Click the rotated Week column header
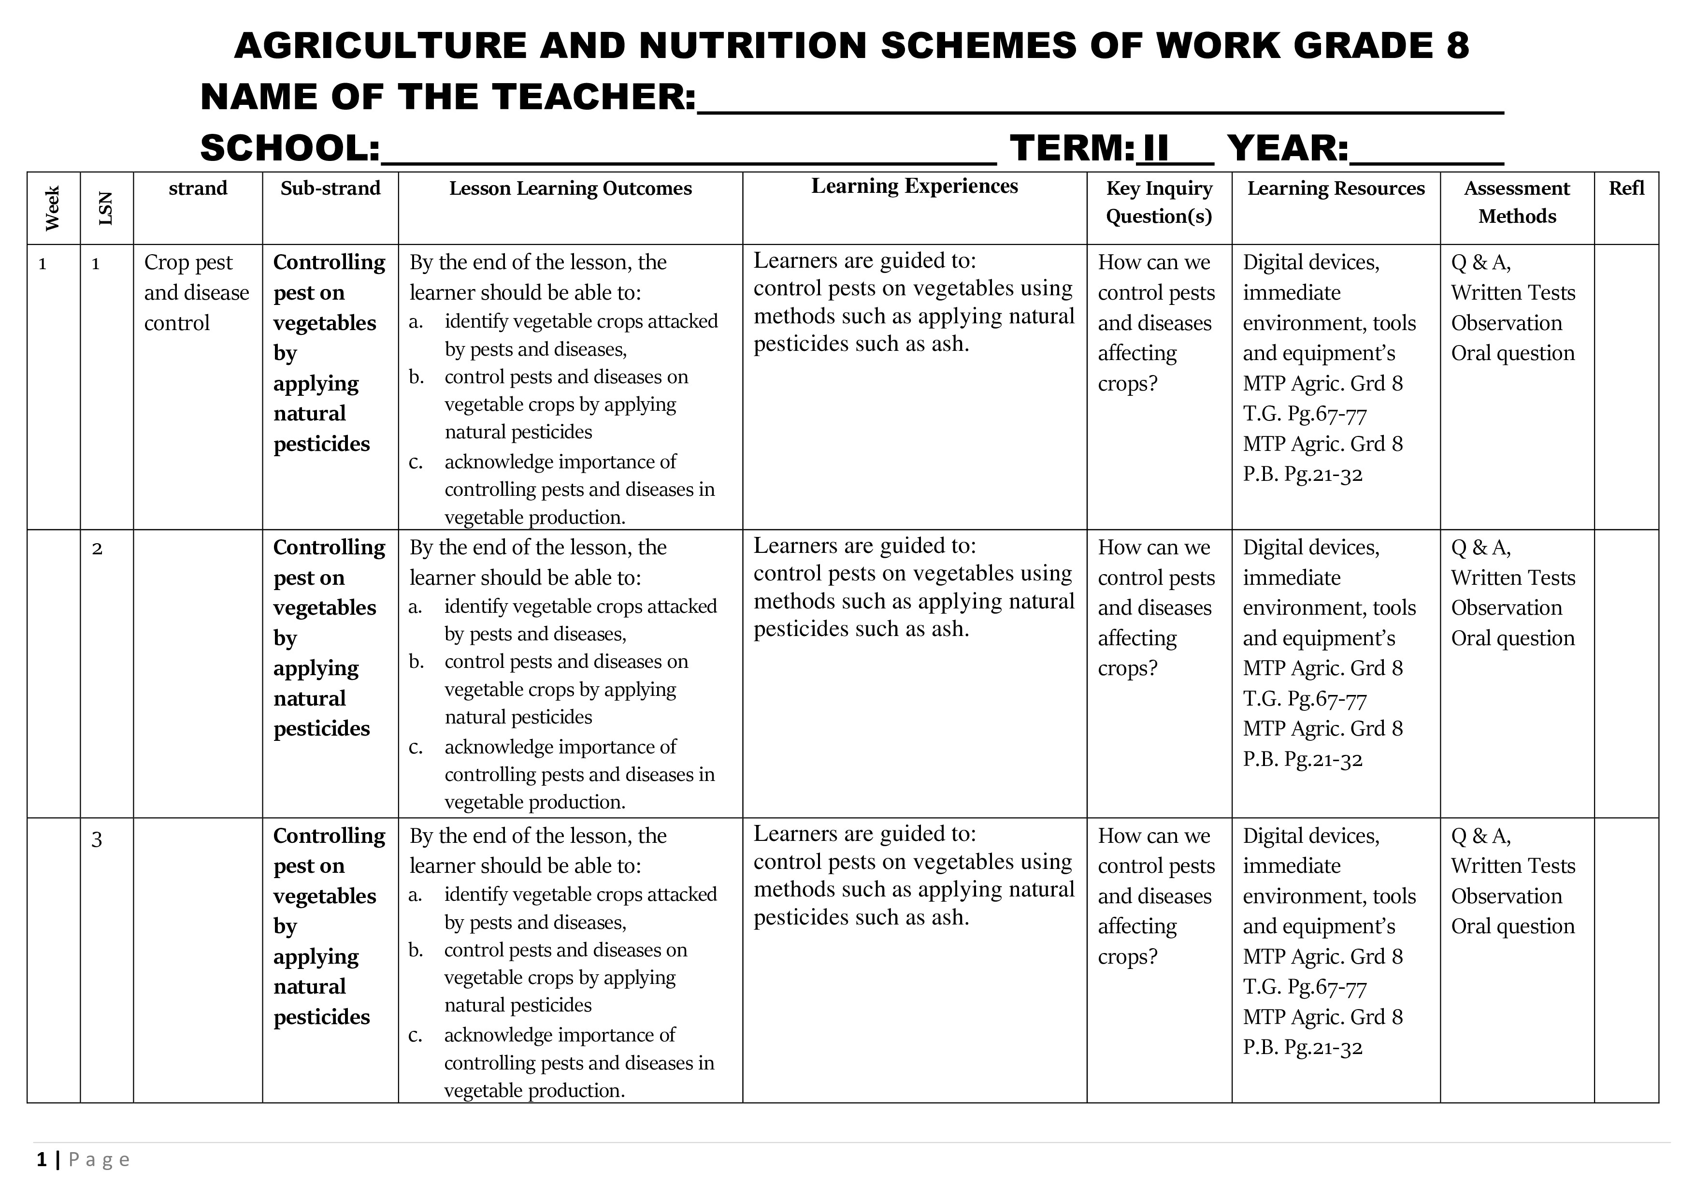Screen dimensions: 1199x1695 (52, 208)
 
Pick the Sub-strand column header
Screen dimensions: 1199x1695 (330, 188)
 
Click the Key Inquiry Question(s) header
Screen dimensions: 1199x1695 (1159, 202)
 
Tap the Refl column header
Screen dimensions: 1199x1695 (1626, 188)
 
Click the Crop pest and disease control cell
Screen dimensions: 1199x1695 (196, 292)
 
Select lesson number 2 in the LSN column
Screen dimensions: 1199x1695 (97, 549)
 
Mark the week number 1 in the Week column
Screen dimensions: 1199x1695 (43, 263)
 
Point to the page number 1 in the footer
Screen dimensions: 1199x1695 (42, 1160)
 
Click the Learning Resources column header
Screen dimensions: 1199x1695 (1336, 188)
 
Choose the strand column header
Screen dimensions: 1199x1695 (198, 188)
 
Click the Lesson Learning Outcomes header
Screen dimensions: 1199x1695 (570, 188)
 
